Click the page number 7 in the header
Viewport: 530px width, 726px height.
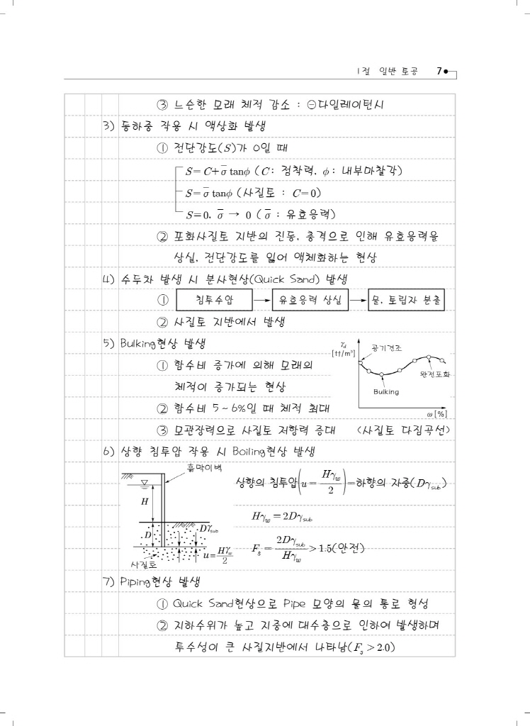point(439,71)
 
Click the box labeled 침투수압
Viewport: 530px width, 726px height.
point(215,301)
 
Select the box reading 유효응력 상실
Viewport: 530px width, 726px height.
point(310,301)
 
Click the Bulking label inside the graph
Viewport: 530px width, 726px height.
point(386,391)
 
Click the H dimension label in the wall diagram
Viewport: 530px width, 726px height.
point(145,501)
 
